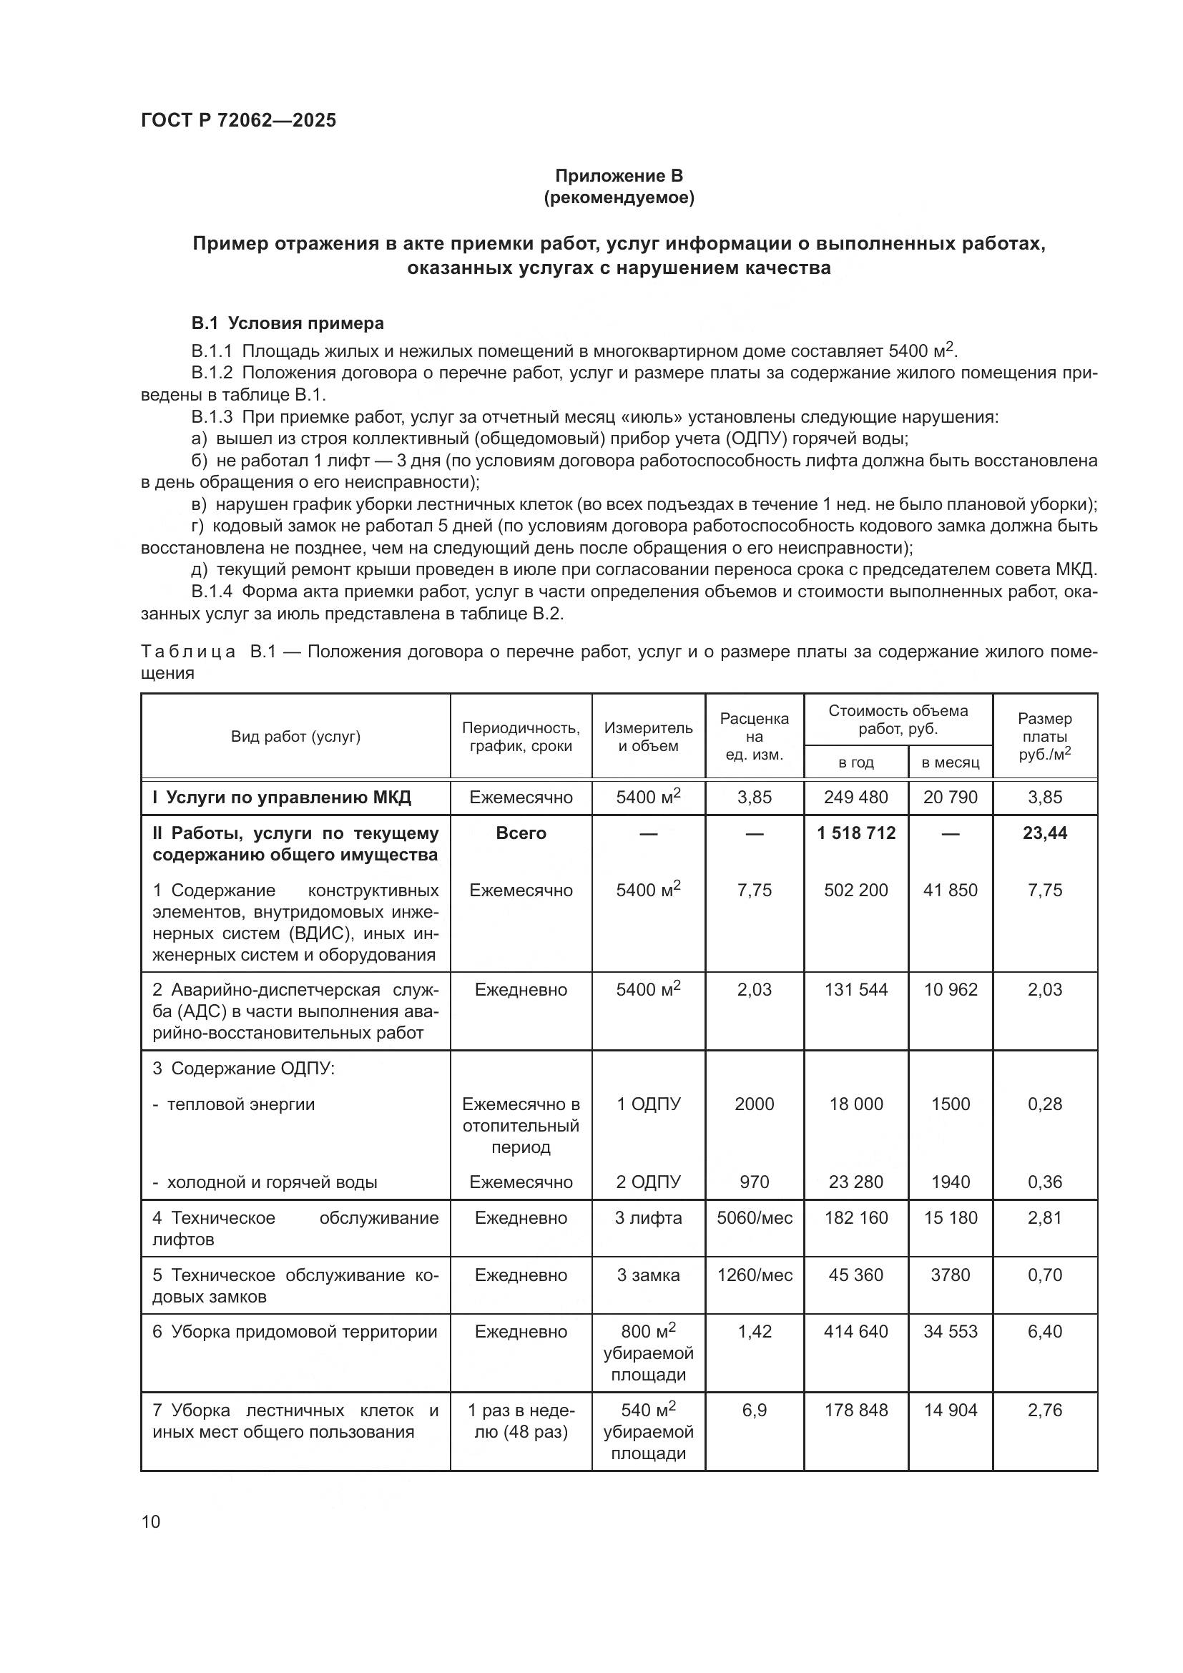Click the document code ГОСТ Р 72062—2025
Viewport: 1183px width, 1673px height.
coord(238,120)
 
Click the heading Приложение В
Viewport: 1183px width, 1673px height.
coord(619,176)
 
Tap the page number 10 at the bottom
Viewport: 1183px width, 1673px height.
coord(151,1521)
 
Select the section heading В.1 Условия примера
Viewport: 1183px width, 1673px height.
coord(287,323)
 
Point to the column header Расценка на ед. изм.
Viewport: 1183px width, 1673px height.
coord(754,736)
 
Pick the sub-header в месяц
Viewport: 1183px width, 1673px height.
coord(950,762)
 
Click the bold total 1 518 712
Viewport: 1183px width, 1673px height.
coord(856,833)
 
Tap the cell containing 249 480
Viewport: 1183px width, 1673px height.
coord(856,797)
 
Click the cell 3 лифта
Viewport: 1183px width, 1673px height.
coord(647,1217)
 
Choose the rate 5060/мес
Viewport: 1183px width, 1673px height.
coord(754,1217)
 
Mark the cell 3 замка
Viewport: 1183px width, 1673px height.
coord(647,1275)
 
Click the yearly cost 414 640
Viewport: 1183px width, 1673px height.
coord(856,1332)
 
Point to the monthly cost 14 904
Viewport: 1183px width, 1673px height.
coord(950,1410)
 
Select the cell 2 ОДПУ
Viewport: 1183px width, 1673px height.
coord(647,1182)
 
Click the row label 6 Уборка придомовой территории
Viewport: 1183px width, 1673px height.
coord(294,1332)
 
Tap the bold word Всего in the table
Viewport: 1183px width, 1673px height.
coord(521,833)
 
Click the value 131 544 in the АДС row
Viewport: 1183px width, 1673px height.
coord(856,989)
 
